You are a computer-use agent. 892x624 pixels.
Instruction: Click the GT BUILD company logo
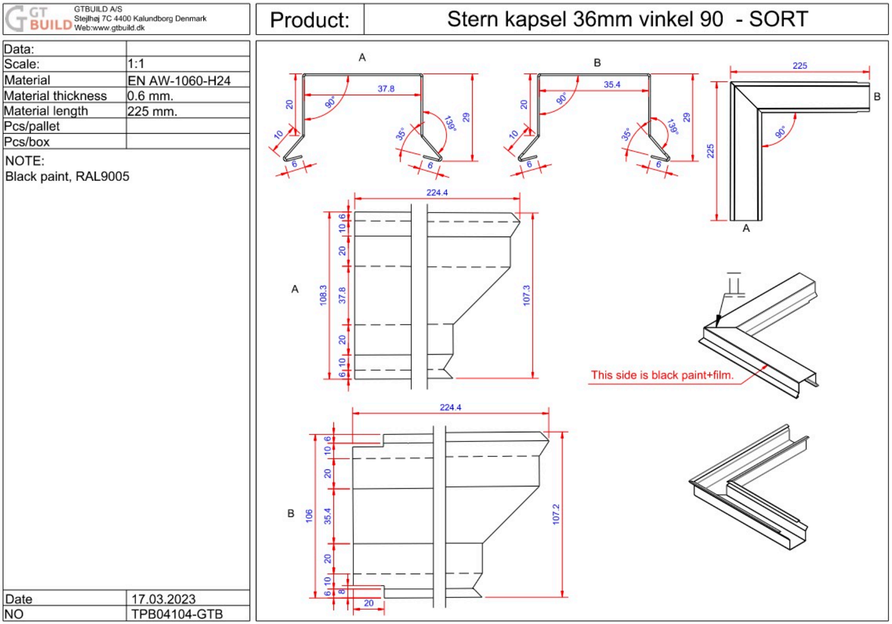[x=38, y=19]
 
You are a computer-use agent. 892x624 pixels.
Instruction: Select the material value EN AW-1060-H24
[x=179, y=81]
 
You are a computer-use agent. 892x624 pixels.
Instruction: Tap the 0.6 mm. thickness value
[x=150, y=96]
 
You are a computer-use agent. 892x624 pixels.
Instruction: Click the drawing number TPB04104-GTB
[x=177, y=614]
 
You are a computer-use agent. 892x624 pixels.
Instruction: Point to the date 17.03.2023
[x=163, y=599]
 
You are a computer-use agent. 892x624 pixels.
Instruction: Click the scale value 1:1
[x=136, y=64]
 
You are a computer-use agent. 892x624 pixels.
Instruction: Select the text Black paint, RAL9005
[x=67, y=176]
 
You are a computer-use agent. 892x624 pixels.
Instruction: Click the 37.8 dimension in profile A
[x=386, y=89]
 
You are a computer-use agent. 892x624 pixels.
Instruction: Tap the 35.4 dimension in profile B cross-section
[x=612, y=85]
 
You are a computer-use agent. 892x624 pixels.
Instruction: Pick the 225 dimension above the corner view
[x=800, y=66]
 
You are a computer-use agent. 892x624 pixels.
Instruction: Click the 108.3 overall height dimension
[x=323, y=295]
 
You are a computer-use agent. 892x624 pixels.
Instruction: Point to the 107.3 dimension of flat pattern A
[x=527, y=295]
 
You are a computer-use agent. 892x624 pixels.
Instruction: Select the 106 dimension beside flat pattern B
[x=309, y=515]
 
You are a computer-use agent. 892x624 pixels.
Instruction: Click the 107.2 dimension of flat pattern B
[x=556, y=514]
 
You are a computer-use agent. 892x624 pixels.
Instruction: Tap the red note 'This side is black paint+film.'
[x=662, y=375]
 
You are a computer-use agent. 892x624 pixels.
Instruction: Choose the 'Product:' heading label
[x=310, y=20]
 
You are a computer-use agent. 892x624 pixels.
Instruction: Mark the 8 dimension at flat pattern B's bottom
[x=342, y=591]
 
